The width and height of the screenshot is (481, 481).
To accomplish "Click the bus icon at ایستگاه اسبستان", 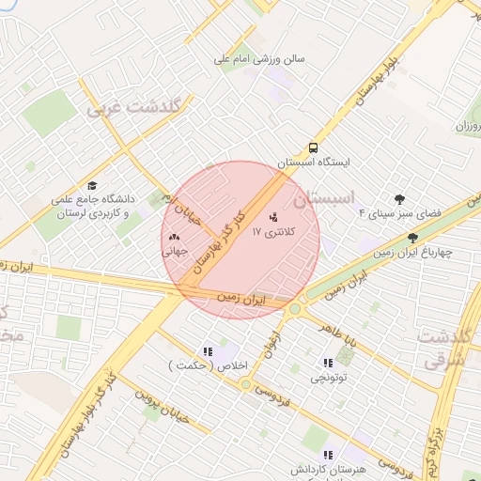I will (312, 147).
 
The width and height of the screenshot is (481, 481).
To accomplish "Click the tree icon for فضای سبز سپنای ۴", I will (400, 199).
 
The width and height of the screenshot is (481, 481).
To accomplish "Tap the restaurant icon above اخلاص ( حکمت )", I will (207, 351).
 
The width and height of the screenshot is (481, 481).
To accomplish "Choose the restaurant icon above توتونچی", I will (327, 363).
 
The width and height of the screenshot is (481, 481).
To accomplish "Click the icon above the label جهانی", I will (175, 238).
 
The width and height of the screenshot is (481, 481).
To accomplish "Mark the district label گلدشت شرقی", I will (444, 348).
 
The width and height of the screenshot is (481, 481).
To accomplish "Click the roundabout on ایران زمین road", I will (295, 308).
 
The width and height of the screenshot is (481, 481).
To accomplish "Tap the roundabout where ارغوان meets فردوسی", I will (245, 383).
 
